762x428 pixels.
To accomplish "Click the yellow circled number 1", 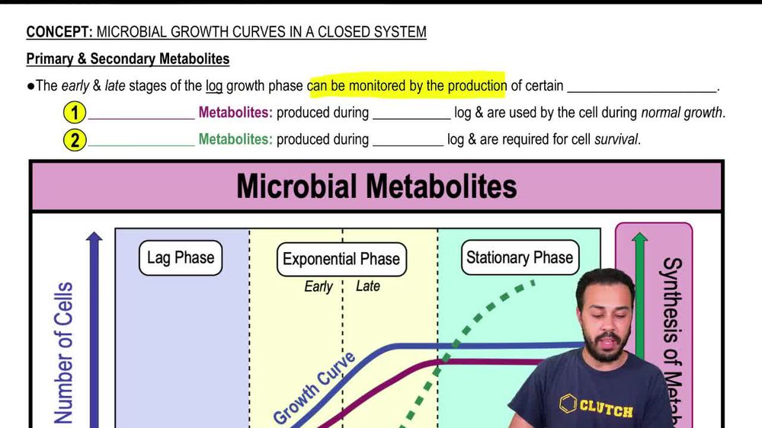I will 74,113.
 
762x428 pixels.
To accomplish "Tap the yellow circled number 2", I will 74,140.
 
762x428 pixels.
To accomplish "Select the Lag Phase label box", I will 181,257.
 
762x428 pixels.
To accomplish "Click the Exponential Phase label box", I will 341,259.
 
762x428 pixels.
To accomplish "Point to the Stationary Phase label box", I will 519,257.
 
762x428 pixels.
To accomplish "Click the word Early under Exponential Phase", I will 319,287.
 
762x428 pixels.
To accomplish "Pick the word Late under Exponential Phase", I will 368,286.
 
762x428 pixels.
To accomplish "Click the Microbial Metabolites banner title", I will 376,187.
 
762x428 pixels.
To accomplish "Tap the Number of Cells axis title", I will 64,352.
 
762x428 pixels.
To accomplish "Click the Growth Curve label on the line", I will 314,388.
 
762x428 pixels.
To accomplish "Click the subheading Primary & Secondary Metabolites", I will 127,59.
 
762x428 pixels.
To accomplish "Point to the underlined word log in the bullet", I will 214,86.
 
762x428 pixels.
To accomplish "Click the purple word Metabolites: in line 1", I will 235,113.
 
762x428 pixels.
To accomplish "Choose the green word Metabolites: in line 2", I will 235,140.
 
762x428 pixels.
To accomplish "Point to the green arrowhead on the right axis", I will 640,239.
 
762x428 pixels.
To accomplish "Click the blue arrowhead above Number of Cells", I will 94,238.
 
